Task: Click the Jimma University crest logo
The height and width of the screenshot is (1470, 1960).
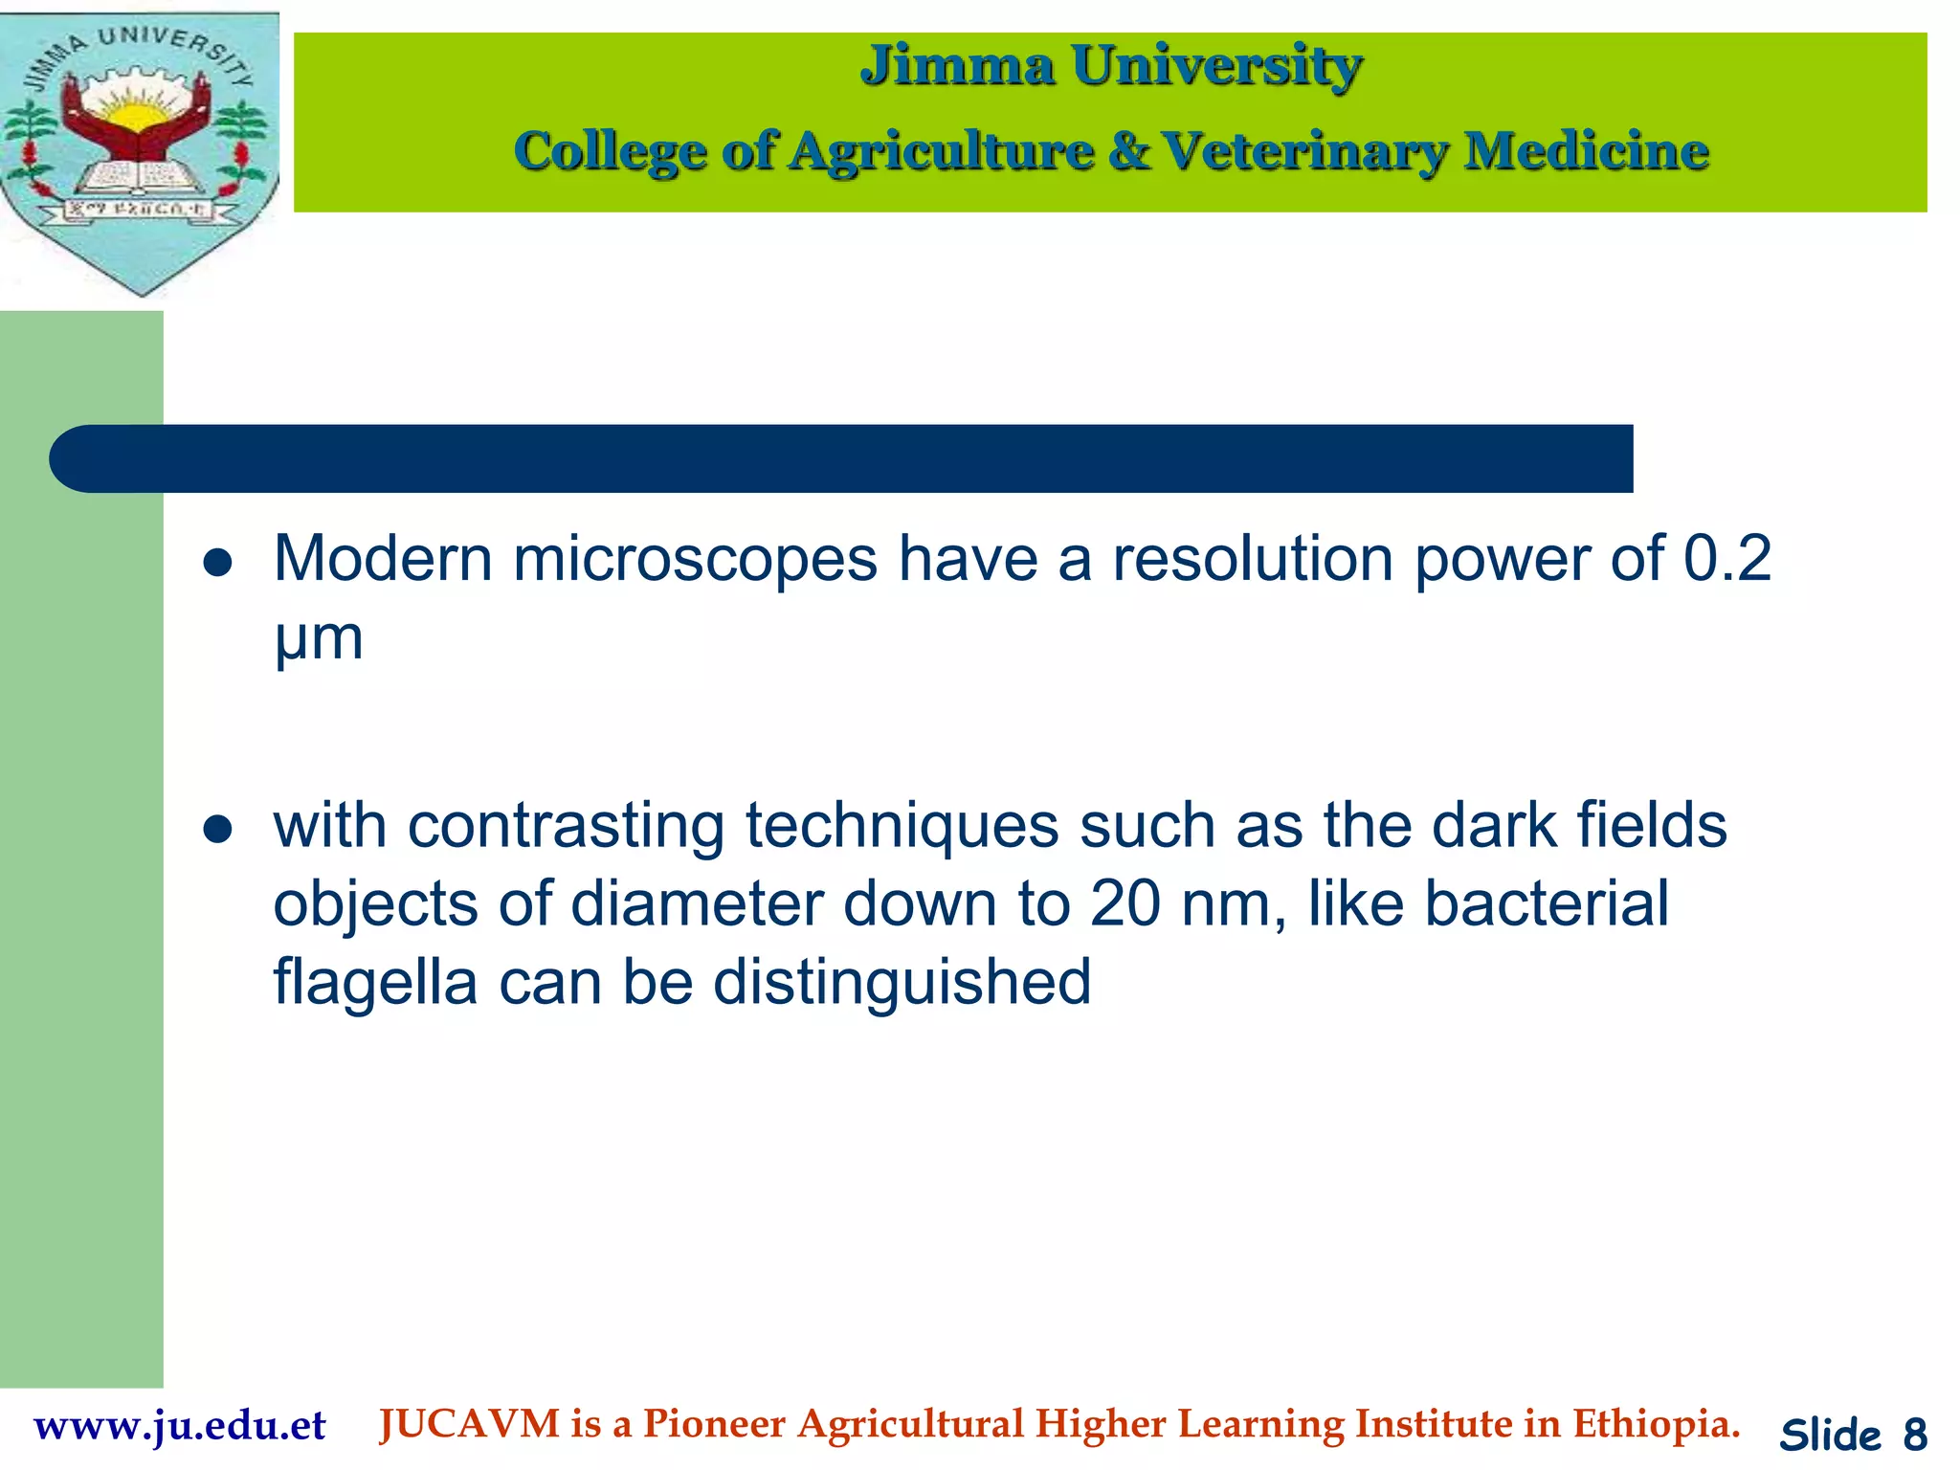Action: [x=140, y=153]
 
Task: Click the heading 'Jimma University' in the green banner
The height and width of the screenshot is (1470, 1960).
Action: [x=1110, y=67]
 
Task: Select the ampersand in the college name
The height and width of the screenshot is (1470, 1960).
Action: [x=1129, y=151]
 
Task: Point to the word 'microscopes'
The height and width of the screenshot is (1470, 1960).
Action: [x=695, y=560]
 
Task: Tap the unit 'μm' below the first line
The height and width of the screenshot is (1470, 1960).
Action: [x=319, y=639]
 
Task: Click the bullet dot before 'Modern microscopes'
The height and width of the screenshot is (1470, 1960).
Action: [x=218, y=563]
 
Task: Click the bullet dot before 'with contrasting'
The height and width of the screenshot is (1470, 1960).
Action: [x=218, y=829]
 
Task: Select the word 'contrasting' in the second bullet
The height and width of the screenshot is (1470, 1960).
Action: [x=566, y=827]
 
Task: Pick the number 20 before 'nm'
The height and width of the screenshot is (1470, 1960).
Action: [x=1125, y=904]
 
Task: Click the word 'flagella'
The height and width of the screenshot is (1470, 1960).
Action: [x=374, y=983]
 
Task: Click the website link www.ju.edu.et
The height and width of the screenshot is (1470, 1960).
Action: [x=180, y=1426]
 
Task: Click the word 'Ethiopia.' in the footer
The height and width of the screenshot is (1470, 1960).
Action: [x=1656, y=1424]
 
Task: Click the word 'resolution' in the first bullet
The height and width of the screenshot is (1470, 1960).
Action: [x=1253, y=558]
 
